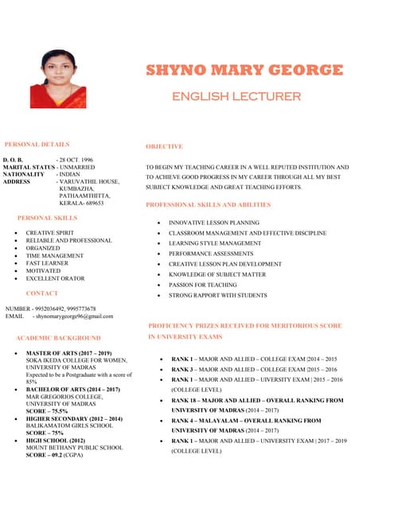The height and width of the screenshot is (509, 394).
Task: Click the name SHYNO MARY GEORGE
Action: tap(244, 70)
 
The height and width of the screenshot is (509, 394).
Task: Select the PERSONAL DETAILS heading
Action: tap(37, 145)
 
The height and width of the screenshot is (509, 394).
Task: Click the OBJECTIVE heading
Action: tap(164, 146)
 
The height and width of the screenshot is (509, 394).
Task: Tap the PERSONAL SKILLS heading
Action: tap(48, 217)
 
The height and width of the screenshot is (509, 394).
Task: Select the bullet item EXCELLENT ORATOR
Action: tap(56, 278)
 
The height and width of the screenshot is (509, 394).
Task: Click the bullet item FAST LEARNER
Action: tap(49, 263)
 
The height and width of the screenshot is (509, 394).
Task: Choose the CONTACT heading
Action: tap(42, 293)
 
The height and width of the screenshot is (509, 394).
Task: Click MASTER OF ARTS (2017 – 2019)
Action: tap(68, 353)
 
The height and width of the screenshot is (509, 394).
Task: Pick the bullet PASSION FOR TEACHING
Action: tap(202, 284)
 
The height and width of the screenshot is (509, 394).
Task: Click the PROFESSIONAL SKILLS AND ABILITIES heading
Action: tap(209, 205)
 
